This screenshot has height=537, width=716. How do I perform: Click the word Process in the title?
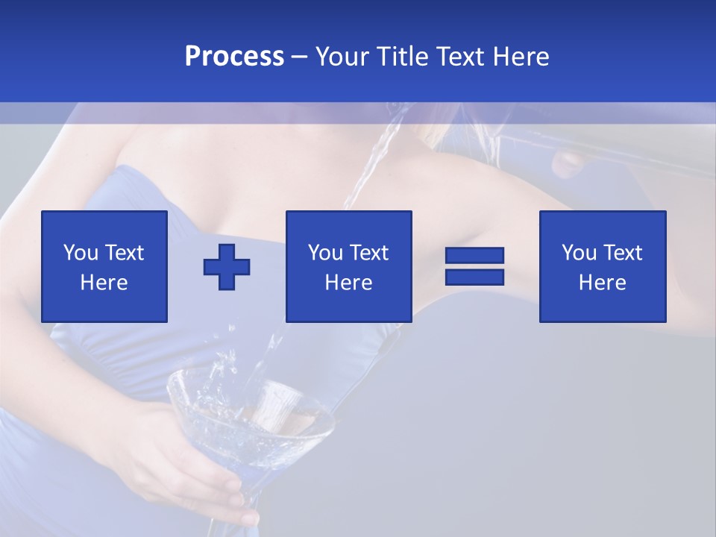tap(234, 57)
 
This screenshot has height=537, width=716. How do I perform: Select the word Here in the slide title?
tap(521, 57)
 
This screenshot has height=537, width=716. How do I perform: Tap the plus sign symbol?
tap(227, 267)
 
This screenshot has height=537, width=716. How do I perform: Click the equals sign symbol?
tap(474, 266)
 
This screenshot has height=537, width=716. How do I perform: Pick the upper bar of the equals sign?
tap(474, 256)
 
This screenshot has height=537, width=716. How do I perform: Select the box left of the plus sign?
tap(104, 266)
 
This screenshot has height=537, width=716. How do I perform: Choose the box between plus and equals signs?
tap(348, 266)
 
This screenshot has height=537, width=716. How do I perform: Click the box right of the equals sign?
tap(602, 266)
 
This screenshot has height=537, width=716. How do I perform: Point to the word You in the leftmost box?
tap(80, 253)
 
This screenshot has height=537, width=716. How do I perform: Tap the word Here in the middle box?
tap(348, 283)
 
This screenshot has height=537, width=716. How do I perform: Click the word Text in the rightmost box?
tap(623, 253)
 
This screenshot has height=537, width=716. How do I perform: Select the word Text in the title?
tap(461, 57)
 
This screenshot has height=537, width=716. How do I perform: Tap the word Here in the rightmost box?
tap(602, 283)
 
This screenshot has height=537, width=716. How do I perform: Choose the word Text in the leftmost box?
tap(124, 253)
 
